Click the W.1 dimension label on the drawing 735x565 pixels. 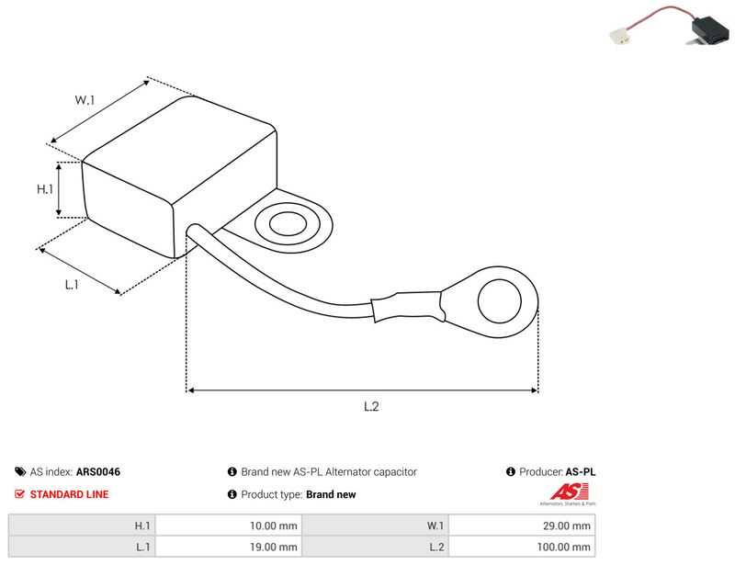(x=85, y=100)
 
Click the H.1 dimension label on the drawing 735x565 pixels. (x=45, y=189)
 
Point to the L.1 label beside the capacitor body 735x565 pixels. (x=72, y=285)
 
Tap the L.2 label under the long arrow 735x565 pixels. (x=371, y=406)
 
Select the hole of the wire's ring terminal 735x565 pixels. (x=500, y=301)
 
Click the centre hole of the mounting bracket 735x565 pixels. (x=288, y=223)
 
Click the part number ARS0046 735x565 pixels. (x=98, y=471)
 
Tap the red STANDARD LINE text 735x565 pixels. (x=70, y=494)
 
